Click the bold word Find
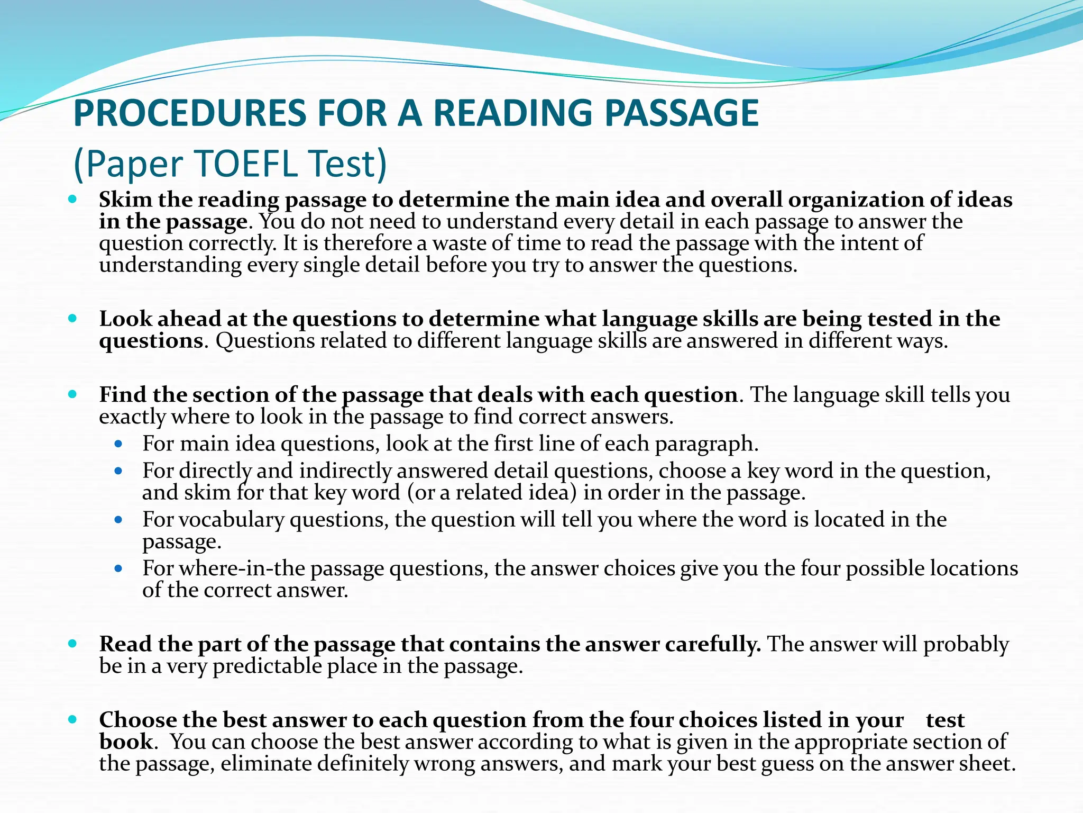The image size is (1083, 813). pyautogui.click(x=122, y=395)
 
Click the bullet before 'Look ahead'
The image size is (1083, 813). pyautogui.click(x=73, y=319)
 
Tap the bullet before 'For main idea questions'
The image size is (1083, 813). pyautogui.click(x=118, y=444)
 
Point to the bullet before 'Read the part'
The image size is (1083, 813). pyautogui.click(x=73, y=644)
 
